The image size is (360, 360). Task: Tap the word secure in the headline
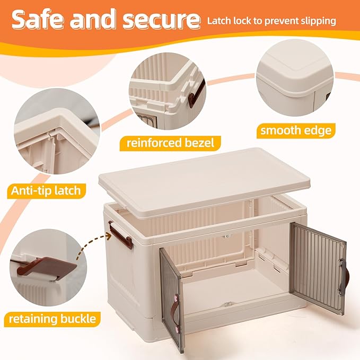(162, 20)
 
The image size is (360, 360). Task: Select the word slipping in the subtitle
(319, 21)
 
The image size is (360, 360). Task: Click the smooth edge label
(296, 130)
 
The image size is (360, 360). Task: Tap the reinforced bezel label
(170, 143)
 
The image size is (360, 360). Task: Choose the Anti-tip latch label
(46, 191)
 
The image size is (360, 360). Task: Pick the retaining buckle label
(52, 319)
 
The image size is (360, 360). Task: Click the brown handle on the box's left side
(120, 235)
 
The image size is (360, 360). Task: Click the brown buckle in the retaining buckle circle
(47, 267)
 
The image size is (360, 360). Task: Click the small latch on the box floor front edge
(228, 304)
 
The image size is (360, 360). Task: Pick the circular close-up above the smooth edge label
(295, 77)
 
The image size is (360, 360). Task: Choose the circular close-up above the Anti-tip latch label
(57, 131)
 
